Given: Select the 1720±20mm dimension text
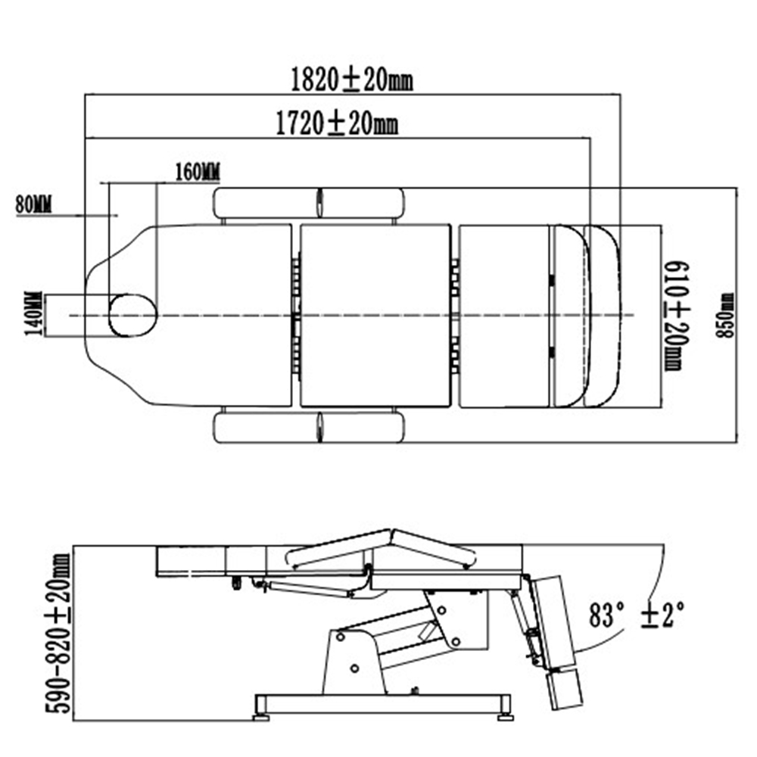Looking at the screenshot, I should click(x=336, y=123).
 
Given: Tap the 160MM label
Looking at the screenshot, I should click(x=197, y=172).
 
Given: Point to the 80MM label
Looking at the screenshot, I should click(x=33, y=203).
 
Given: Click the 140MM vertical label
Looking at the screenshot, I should click(x=33, y=316).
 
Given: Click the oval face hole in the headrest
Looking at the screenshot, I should click(x=133, y=315).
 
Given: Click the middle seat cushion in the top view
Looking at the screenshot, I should click(x=375, y=316).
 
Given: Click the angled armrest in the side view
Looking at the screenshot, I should click(x=382, y=547).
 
